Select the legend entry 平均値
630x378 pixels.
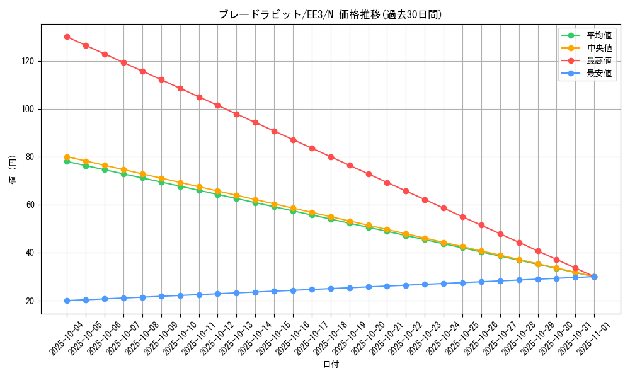[599, 36]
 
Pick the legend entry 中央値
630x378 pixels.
[599, 49]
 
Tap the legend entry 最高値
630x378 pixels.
[599, 61]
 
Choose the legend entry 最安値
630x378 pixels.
[599, 74]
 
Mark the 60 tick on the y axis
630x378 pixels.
[32, 205]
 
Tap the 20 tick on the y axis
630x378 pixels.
[32, 301]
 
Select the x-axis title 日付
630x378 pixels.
[331, 365]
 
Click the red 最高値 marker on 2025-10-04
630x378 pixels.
[67, 37]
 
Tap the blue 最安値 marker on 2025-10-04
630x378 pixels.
[67, 301]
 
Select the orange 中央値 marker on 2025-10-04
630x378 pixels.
[67, 157]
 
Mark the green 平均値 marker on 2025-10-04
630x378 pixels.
[67, 162]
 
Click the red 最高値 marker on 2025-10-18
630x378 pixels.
[331, 157]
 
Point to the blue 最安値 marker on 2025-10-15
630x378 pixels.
[274, 291]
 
